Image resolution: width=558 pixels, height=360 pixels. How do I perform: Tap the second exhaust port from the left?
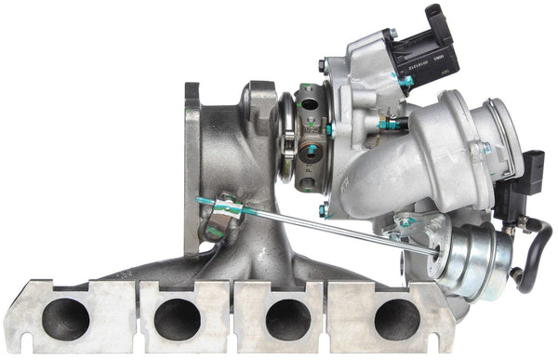pyautogui.click(x=177, y=320)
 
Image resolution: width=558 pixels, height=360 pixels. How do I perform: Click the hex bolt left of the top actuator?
pyautogui.click(x=321, y=64)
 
